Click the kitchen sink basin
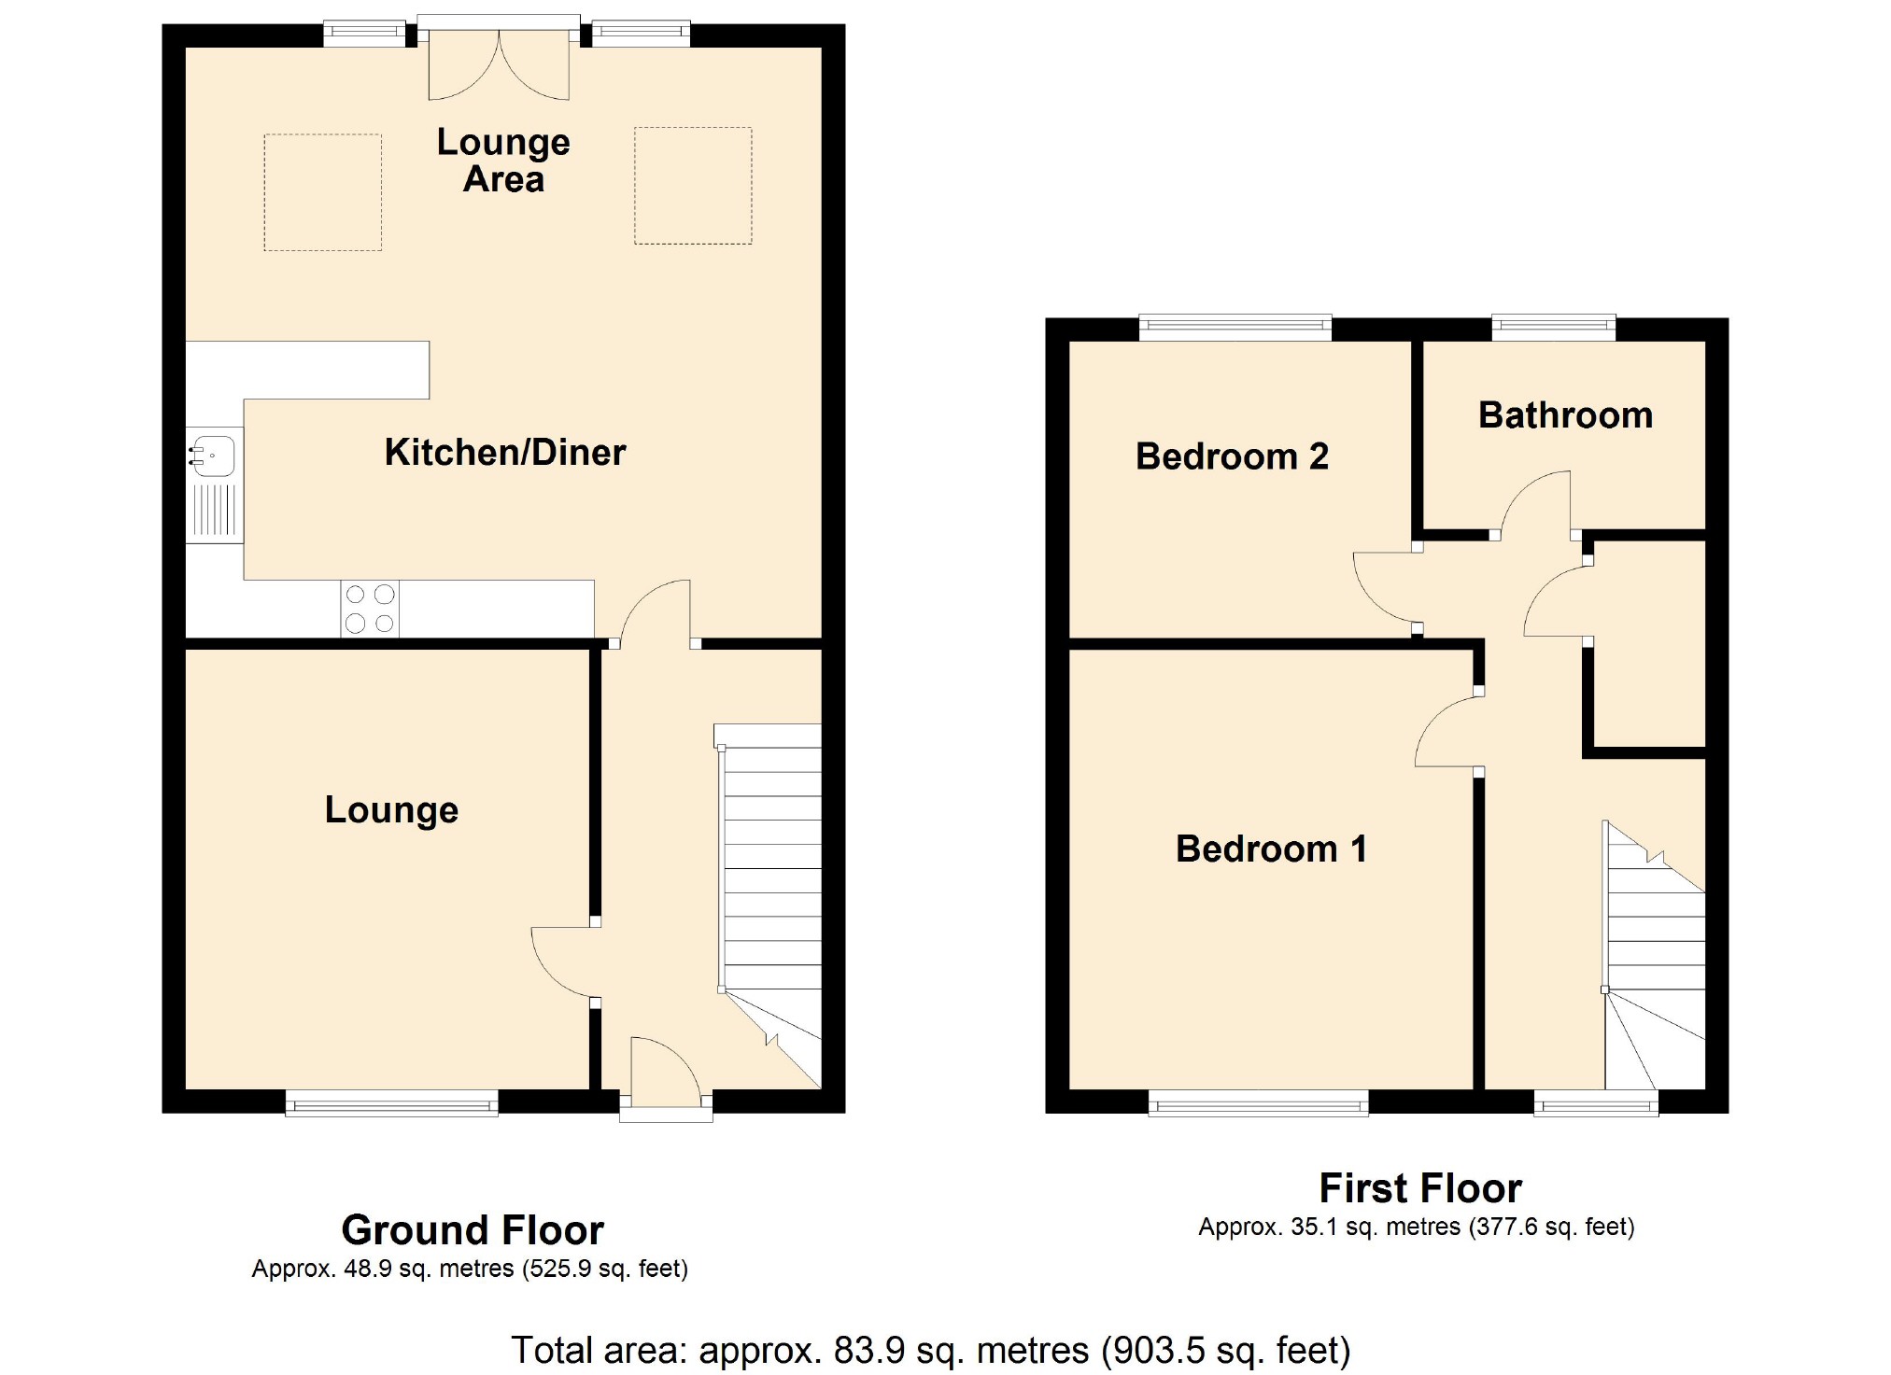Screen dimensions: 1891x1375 tap(214, 456)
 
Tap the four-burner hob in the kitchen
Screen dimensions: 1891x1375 tap(370, 609)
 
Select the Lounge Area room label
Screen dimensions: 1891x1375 tap(503, 161)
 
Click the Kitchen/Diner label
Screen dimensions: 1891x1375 tap(505, 453)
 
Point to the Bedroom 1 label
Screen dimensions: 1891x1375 tap(1272, 849)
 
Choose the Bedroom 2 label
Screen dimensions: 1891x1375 tap(1232, 456)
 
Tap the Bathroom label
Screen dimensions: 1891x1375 tap(1565, 415)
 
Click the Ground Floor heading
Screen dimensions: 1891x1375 tap(473, 1230)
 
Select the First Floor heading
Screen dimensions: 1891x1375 tap(1420, 1188)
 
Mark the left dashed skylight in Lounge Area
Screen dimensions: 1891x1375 tap(323, 192)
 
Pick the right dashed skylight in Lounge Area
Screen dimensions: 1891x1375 tap(693, 186)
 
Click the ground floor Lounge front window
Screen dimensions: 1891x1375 tap(392, 1102)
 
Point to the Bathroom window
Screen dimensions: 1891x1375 tap(1554, 327)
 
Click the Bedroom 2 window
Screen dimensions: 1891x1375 tap(1235, 327)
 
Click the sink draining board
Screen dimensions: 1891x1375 tap(215, 511)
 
